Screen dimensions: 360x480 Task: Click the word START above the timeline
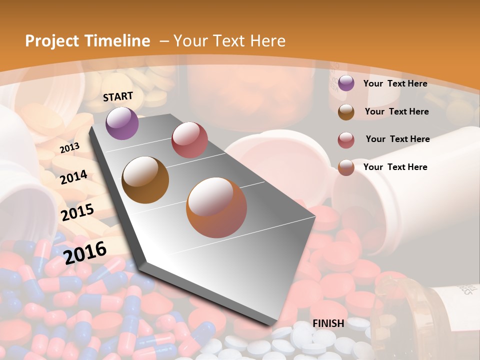[x=118, y=96]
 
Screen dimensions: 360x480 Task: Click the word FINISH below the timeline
[x=328, y=323]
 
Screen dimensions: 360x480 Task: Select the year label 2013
[x=69, y=148]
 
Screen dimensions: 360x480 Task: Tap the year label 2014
[x=74, y=177]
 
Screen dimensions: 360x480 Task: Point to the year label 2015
[x=77, y=212]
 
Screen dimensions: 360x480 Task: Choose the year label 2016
[x=85, y=252]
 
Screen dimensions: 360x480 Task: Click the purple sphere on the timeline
[x=122, y=123]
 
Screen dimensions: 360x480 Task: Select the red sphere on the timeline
[x=189, y=139]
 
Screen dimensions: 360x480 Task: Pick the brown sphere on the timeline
[x=145, y=180]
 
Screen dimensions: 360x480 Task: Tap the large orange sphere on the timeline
[x=216, y=207]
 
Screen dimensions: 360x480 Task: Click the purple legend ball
[x=346, y=83]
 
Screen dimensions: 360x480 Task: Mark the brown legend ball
[x=346, y=112]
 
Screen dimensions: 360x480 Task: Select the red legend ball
[x=346, y=140]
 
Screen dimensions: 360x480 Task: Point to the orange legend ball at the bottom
[x=346, y=167]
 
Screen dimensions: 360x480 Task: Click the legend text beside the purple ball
[x=395, y=84]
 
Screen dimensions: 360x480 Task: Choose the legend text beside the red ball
[x=397, y=139]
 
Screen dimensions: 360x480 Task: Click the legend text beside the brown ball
[x=396, y=111]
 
